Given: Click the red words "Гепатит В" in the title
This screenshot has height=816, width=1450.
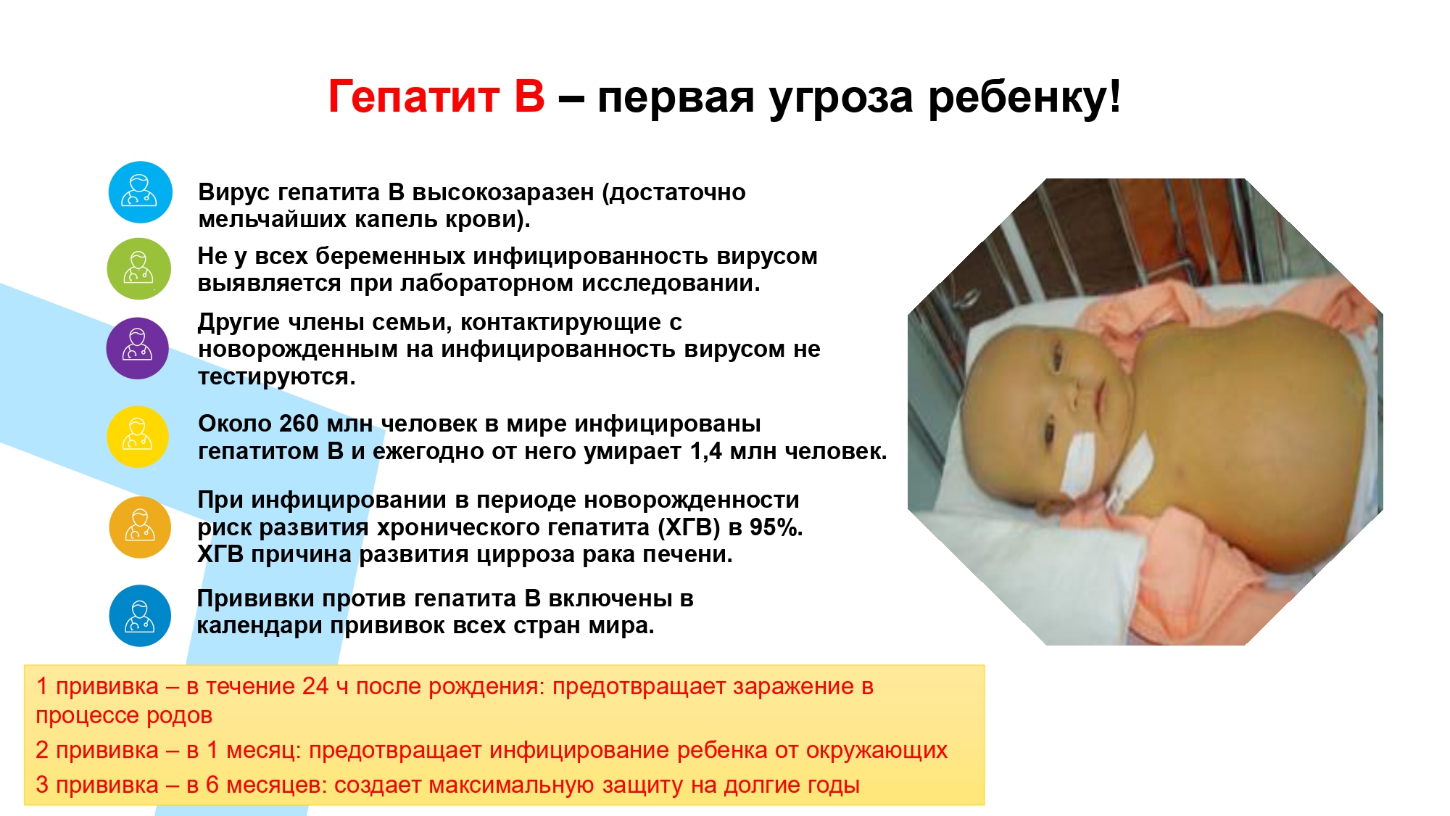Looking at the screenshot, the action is pyautogui.click(x=436, y=96).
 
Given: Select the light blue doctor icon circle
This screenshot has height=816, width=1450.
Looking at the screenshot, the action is pyautogui.click(x=140, y=192).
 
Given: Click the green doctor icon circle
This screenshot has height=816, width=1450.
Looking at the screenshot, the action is pyautogui.click(x=139, y=269).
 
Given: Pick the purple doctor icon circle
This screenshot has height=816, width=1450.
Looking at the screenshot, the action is pyautogui.click(x=138, y=348).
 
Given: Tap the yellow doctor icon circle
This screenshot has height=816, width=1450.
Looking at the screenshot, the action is pyautogui.click(x=138, y=437).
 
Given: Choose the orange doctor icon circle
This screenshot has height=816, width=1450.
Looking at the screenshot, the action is pyautogui.click(x=140, y=527).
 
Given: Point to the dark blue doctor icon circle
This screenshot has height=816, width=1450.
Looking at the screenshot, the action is pyautogui.click(x=140, y=616).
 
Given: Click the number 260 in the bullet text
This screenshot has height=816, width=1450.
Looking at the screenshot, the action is pyautogui.click(x=299, y=424).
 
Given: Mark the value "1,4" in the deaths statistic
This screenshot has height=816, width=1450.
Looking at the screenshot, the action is pyautogui.click(x=706, y=452).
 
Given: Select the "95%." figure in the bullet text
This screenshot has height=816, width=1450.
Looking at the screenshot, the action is pyautogui.click(x=776, y=527).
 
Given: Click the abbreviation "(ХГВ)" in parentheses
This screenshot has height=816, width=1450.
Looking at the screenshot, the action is pyautogui.click(x=689, y=528).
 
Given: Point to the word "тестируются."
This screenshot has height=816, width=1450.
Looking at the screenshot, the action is pyautogui.click(x=277, y=377).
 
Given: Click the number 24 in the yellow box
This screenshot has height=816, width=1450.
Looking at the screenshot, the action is pyautogui.click(x=315, y=686).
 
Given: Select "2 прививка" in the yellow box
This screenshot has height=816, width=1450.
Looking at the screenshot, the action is pyautogui.click(x=97, y=750).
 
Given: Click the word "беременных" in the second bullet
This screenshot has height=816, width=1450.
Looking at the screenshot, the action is pyautogui.click(x=390, y=257).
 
